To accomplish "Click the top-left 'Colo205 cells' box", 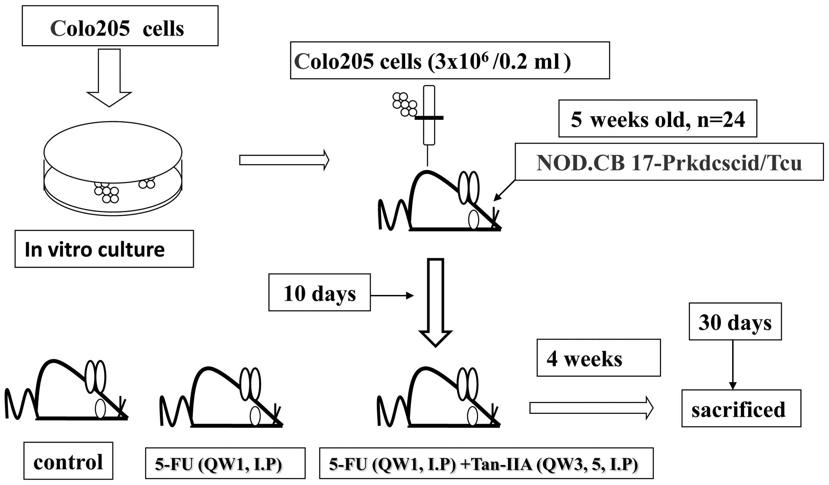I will [x=120, y=26].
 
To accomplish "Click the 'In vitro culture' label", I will [x=104, y=249].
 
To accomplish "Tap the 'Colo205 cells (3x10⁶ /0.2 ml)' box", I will [x=450, y=61].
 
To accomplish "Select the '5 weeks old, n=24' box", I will [x=657, y=119].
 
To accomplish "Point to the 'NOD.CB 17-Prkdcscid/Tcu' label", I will [x=669, y=162].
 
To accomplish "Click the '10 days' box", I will [x=319, y=292].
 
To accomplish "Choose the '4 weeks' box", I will [x=598, y=358].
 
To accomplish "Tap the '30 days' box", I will [x=735, y=322].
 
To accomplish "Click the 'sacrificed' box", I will [x=741, y=409].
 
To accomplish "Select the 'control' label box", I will [x=68, y=461].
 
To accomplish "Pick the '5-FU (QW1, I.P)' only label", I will [x=225, y=463].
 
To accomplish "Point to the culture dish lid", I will [x=113, y=152].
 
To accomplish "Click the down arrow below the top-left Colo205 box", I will [x=109, y=77].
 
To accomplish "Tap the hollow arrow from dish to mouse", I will [x=284, y=160].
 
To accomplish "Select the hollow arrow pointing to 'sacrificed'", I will [x=591, y=408].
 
